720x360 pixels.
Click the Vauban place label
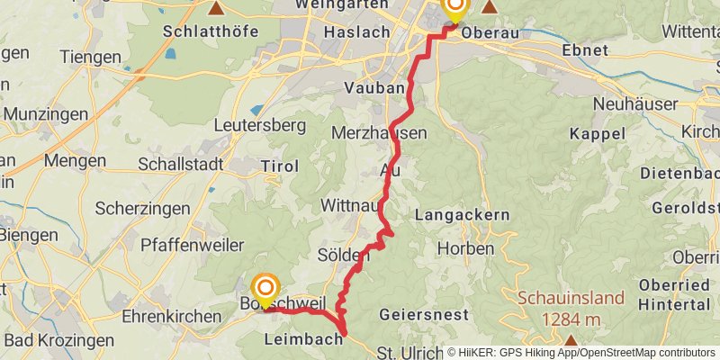click(x=372, y=88)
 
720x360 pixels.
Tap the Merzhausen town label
click(x=378, y=132)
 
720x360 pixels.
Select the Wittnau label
click(x=348, y=206)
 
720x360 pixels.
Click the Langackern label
click(x=463, y=215)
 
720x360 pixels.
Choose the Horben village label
click(x=465, y=247)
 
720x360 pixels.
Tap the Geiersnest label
click(x=424, y=315)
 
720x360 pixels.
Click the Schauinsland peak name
click(x=570, y=298)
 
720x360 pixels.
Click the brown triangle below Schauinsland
click(x=571, y=340)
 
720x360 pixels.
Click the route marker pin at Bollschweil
click(x=265, y=288)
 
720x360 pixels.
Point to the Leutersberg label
click(x=261, y=125)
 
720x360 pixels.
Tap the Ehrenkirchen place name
click(x=172, y=317)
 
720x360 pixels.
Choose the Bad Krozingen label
click(x=59, y=340)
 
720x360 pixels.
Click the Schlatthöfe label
click(x=211, y=31)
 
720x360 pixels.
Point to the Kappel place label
click(x=597, y=133)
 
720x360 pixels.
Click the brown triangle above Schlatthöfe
click(x=216, y=8)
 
